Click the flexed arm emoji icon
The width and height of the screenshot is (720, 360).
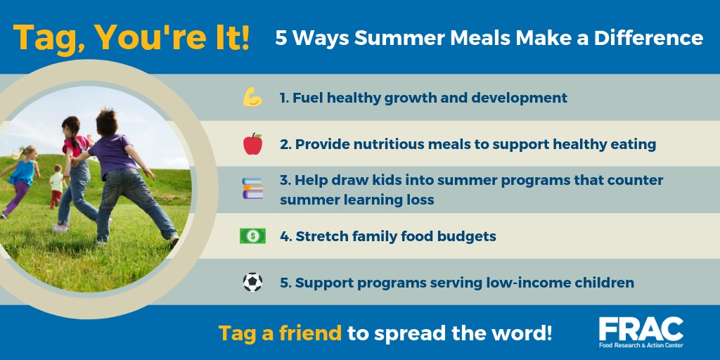coord(252,97)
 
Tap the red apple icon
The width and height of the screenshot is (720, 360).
coord(252,143)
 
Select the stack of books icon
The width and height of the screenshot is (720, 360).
coord(252,188)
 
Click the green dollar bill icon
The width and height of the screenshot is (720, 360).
coord(252,236)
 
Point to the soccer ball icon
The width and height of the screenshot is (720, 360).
coord(252,282)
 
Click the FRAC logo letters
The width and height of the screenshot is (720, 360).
coord(641,329)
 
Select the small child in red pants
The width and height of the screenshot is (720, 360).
coord(56,186)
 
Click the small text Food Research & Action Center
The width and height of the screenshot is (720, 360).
coord(641,345)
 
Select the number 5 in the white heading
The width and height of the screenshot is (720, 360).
coord(281,38)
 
